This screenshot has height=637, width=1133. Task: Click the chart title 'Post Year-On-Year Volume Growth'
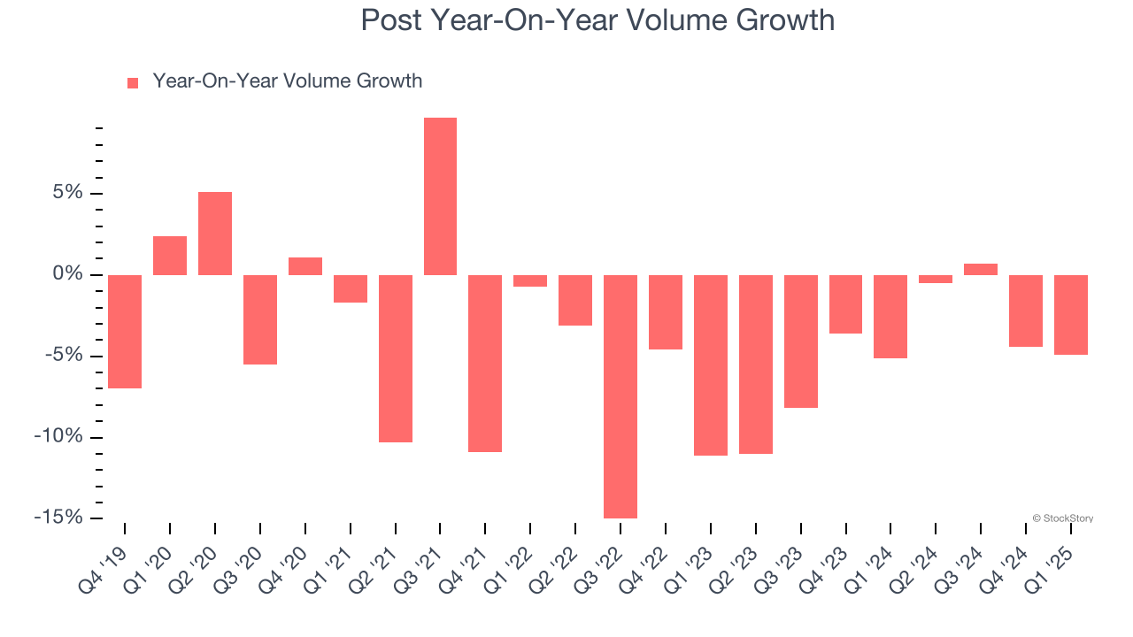597,19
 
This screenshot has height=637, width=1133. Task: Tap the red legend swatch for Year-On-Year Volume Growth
133,82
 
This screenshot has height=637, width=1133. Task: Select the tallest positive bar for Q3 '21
440,196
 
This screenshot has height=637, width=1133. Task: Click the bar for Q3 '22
620,396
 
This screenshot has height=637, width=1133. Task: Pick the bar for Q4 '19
125,332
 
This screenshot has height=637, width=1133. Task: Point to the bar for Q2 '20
215,234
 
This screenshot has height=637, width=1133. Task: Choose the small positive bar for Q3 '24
981,270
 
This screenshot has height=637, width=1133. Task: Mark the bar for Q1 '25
1071,315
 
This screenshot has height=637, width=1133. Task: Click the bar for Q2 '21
396,358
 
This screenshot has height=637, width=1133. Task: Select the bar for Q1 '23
711,365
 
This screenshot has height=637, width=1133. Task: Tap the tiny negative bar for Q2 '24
936,279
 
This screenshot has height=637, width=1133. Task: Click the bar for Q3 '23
801,342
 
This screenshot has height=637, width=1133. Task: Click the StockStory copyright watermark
1063,518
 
